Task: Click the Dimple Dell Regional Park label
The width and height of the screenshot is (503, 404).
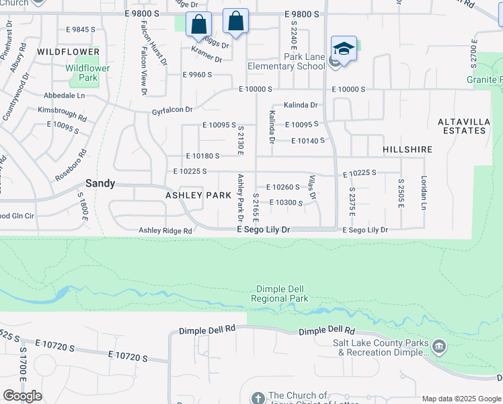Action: (x=279, y=294)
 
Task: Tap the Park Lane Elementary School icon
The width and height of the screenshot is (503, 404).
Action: (x=344, y=49)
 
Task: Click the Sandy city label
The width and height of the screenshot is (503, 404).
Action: (x=100, y=183)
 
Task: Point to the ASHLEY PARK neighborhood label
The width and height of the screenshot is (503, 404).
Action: (x=194, y=195)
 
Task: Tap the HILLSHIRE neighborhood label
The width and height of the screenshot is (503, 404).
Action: (x=407, y=149)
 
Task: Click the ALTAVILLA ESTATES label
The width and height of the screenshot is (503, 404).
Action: (x=462, y=126)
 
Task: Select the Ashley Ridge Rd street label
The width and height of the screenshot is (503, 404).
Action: (x=165, y=230)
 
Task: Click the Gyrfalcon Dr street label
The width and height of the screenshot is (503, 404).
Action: (x=172, y=110)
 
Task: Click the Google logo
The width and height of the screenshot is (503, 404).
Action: (x=22, y=396)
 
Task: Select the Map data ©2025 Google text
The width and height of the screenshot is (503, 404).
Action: (x=461, y=399)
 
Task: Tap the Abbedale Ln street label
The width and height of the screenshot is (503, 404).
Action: (x=65, y=96)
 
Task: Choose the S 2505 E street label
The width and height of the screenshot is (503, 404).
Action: (x=401, y=193)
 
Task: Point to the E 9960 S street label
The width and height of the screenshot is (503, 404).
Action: (x=198, y=75)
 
